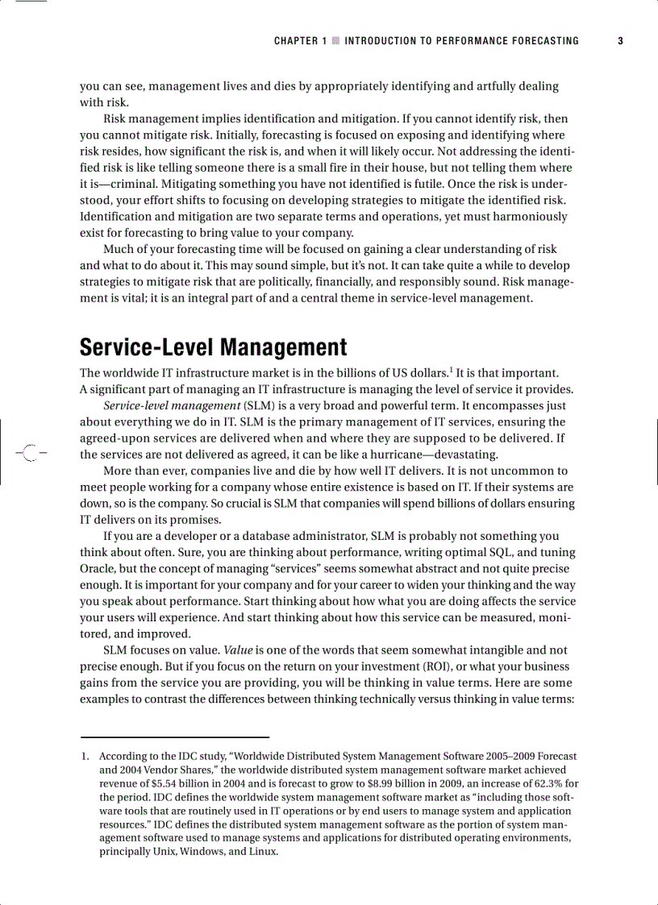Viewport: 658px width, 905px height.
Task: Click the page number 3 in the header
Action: coord(621,41)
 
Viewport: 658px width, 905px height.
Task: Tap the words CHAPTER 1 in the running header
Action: coord(301,41)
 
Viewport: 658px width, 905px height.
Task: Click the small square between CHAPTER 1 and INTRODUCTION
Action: coord(335,41)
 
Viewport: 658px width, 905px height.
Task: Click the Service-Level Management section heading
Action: coord(213,347)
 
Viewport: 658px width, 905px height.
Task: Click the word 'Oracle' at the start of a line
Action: coord(97,568)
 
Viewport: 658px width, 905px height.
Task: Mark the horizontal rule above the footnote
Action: coord(174,737)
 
